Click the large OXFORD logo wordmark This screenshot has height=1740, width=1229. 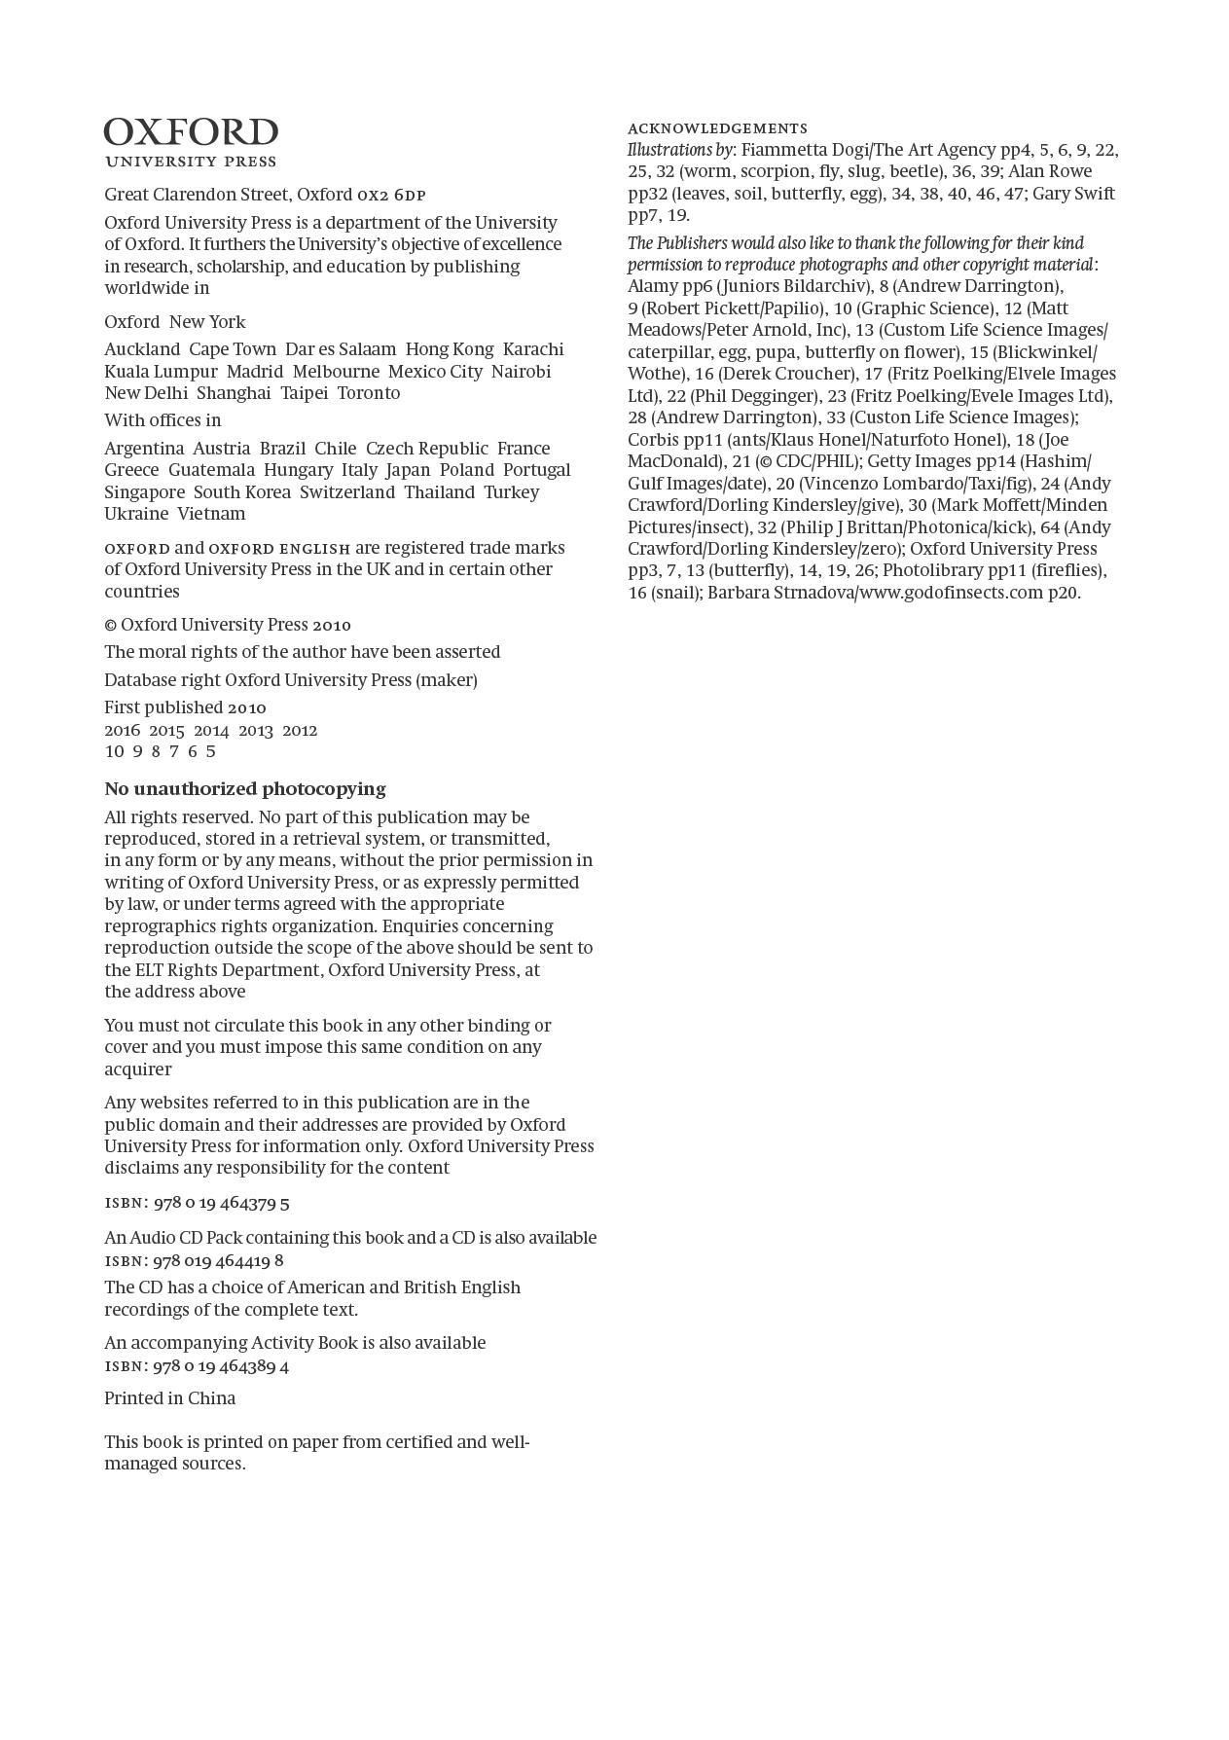pyautogui.click(x=191, y=132)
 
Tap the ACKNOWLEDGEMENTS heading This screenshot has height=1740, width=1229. pyautogui.click(x=717, y=128)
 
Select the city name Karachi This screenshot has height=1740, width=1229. pyautogui.click(x=533, y=349)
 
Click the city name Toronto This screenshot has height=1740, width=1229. pyautogui.click(x=369, y=393)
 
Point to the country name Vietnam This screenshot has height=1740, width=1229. pyautogui.click(x=211, y=514)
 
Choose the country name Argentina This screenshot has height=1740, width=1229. pyautogui.click(x=144, y=449)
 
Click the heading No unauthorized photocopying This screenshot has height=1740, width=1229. pyautogui.click(x=245, y=789)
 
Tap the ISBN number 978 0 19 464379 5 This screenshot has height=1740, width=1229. pyautogui.click(x=222, y=1203)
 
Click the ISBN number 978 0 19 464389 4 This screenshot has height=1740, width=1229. pyautogui.click(x=222, y=1366)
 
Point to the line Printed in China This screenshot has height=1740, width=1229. pyautogui.click(x=170, y=1398)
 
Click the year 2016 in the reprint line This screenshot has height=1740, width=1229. pyautogui.click(x=122, y=730)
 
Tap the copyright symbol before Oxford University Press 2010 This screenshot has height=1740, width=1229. pyautogui.click(x=110, y=626)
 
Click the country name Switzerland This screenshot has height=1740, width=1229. pyautogui.click(x=347, y=492)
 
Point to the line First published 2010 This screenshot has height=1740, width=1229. pyautogui.click(x=185, y=707)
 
